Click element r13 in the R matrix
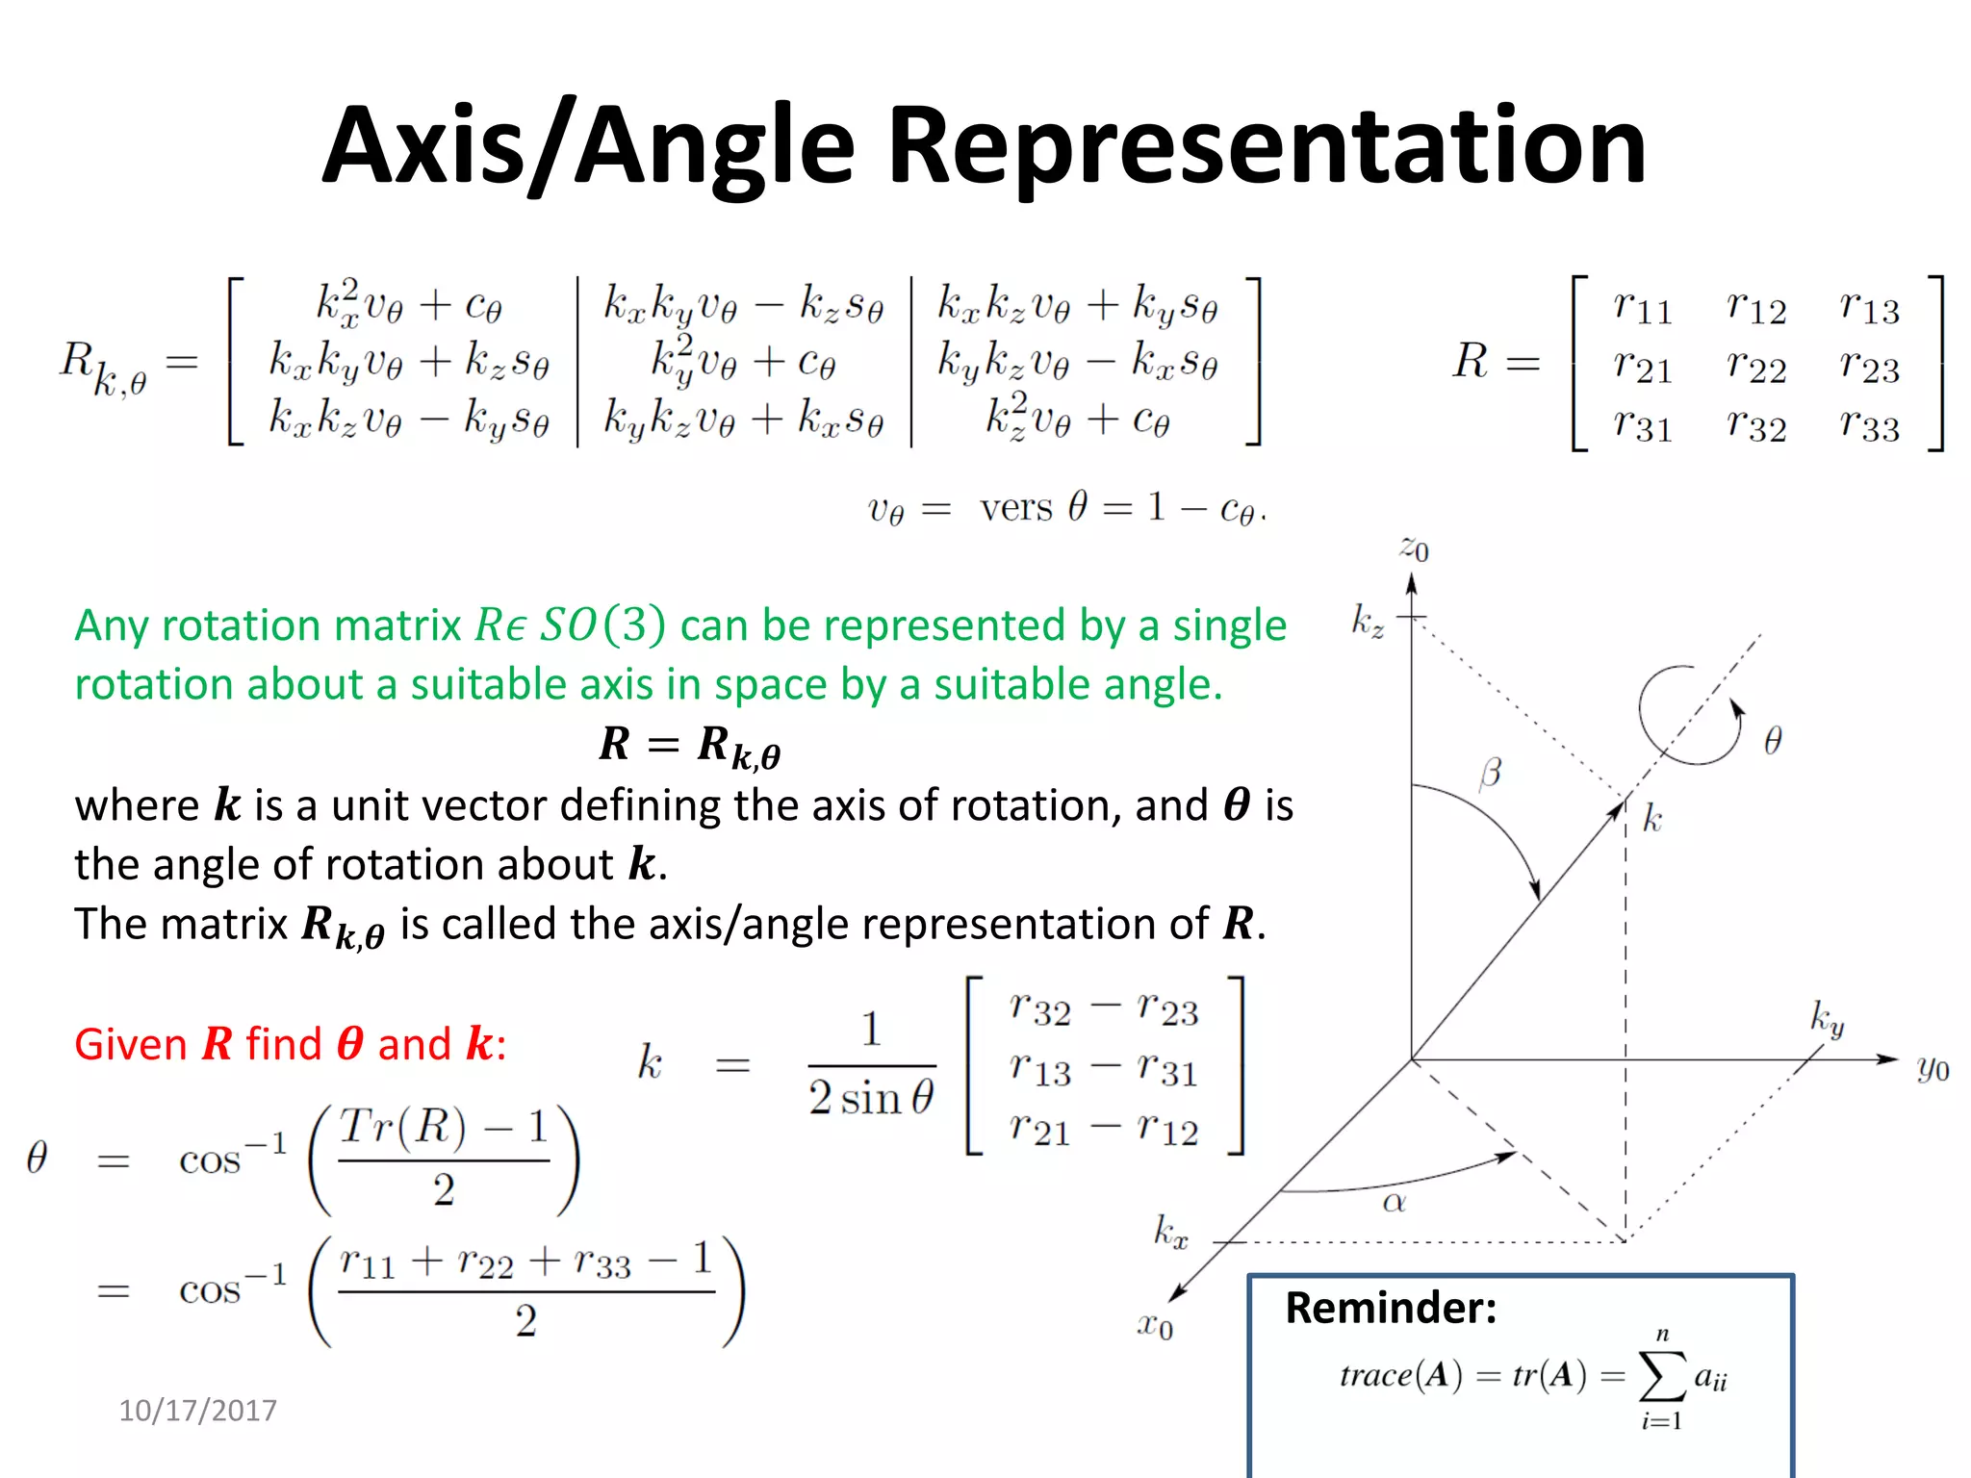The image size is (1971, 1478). (x=1869, y=307)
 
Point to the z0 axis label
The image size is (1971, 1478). (x=1413, y=548)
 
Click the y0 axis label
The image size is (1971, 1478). (x=1933, y=1068)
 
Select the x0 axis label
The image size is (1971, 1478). (x=1155, y=1326)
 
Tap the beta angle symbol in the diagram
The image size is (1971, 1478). (x=1490, y=773)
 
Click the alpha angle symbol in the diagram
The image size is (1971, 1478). (x=1394, y=1202)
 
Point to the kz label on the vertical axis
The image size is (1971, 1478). (x=1368, y=621)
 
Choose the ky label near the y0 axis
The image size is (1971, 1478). (x=1827, y=1018)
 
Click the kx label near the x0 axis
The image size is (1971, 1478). (x=1171, y=1232)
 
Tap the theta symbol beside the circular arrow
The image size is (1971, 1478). (x=1773, y=740)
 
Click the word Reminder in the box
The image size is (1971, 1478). (x=1391, y=1309)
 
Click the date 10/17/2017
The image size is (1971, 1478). (x=197, y=1411)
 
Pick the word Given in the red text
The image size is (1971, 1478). (x=131, y=1044)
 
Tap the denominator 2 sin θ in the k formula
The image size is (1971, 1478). (x=871, y=1098)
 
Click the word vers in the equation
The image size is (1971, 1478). (x=1015, y=507)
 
